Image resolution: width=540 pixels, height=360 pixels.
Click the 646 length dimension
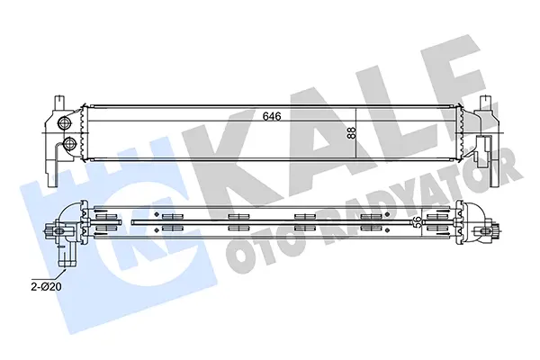(272, 116)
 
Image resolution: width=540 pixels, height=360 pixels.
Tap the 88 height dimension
(351, 133)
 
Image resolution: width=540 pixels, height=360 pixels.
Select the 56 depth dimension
(418, 221)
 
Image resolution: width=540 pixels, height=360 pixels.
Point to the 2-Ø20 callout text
(46, 286)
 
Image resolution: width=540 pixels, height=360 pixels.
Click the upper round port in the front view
(64, 122)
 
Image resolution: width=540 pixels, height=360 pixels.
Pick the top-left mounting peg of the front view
(58, 102)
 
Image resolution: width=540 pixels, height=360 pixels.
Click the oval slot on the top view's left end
(58, 231)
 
